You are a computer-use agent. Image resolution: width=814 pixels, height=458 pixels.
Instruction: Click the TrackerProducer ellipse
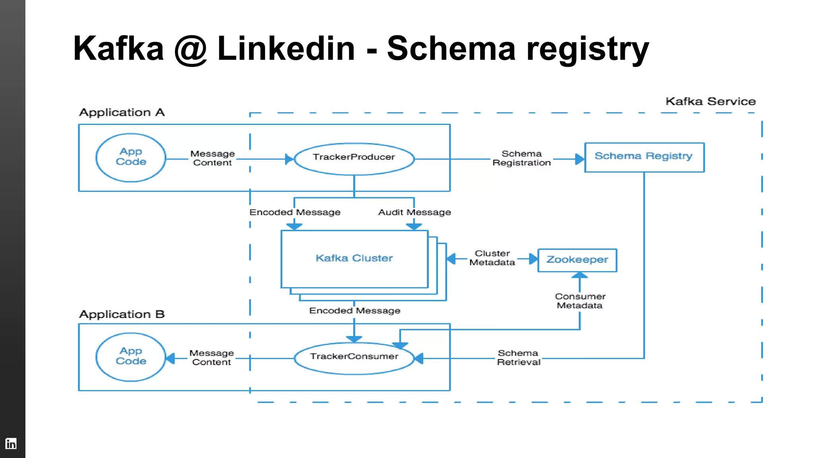(354, 159)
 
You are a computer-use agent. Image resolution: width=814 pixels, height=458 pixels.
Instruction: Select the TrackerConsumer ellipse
(354, 358)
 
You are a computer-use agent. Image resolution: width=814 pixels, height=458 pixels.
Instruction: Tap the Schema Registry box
(644, 157)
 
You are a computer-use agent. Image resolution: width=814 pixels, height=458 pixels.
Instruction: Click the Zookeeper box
(577, 260)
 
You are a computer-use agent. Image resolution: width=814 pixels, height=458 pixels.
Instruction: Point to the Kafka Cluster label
(354, 258)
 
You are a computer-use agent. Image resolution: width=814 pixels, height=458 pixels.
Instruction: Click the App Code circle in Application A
(131, 157)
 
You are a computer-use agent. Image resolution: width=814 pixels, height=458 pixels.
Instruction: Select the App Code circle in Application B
(131, 357)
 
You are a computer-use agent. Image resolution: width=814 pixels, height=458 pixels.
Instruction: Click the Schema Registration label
(521, 158)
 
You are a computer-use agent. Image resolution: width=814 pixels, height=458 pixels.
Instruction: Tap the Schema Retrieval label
(518, 357)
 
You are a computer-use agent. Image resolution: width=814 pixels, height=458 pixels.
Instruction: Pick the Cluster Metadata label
(492, 258)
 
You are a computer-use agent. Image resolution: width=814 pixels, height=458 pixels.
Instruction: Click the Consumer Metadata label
(580, 301)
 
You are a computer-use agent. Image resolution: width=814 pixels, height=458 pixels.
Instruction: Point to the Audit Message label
(414, 212)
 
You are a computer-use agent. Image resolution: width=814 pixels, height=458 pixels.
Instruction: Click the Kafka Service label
(710, 101)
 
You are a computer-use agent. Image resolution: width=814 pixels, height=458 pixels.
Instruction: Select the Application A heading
(122, 113)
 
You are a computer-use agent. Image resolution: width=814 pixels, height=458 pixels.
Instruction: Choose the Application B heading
(122, 314)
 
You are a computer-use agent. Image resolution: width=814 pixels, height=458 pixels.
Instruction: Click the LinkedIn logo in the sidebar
(11, 443)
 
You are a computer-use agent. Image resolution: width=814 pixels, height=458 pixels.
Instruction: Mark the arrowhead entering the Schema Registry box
(579, 159)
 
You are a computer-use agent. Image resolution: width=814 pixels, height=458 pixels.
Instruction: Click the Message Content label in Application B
(211, 357)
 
